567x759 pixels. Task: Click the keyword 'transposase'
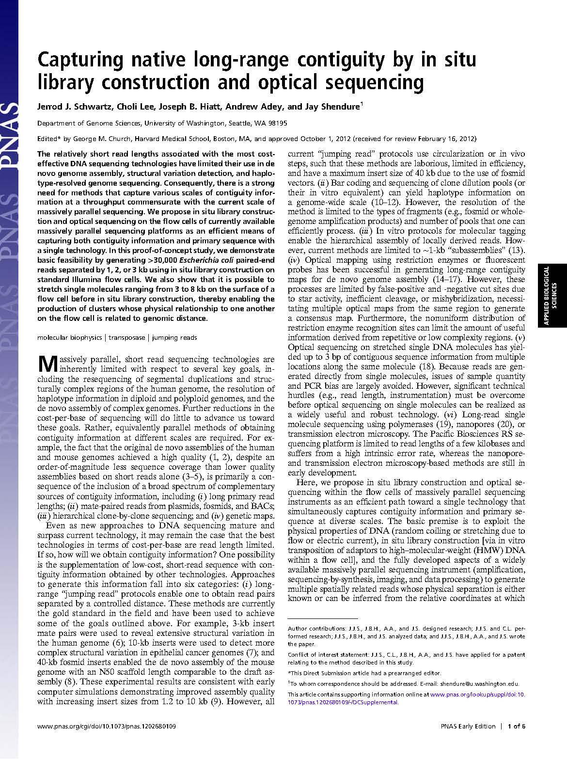(x=126, y=337)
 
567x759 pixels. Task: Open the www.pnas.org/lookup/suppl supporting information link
(x=477, y=694)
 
